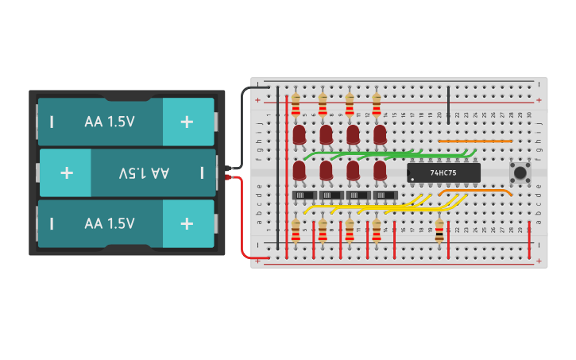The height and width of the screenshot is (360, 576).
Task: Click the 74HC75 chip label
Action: point(443,172)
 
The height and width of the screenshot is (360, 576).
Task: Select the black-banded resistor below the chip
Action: point(439,230)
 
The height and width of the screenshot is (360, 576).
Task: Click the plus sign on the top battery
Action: point(187,122)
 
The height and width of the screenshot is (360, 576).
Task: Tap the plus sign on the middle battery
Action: point(67,172)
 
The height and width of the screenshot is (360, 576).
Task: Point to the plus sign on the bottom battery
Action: point(187,223)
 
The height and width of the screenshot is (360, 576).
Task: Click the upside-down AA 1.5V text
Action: point(144,172)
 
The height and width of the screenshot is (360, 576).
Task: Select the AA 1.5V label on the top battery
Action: point(110,122)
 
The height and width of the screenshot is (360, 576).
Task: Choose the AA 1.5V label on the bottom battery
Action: point(110,223)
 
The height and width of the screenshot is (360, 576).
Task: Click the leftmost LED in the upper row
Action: point(299,134)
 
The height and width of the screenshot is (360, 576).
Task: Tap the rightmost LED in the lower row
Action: point(380,170)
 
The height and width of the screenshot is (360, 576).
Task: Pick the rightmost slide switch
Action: point(385,195)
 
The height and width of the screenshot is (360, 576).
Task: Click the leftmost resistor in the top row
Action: point(296,104)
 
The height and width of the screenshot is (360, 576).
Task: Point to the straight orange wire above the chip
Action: point(475,141)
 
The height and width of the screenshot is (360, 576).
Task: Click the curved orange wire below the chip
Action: point(475,191)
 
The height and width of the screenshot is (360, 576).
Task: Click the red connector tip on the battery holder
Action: point(229,177)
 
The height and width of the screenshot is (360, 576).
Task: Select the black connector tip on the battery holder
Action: point(229,168)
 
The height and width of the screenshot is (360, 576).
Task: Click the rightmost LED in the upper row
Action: point(380,134)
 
